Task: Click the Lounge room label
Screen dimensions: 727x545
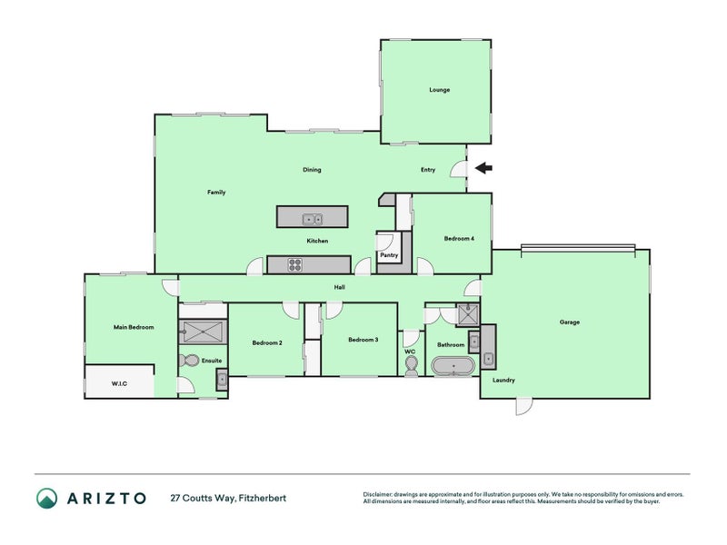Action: click(439, 90)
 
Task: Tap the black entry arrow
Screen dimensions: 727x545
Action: click(483, 168)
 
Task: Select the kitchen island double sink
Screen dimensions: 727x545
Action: click(313, 219)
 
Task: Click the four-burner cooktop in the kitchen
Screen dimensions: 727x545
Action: click(294, 264)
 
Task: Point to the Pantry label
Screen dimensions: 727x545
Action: click(389, 255)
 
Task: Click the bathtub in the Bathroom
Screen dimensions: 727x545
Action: click(453, 366)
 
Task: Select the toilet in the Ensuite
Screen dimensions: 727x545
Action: click(189, 360)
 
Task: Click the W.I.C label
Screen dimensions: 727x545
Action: click(119, 383)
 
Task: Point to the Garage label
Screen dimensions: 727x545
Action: click(570, 322)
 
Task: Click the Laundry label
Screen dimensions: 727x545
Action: click(503, 380)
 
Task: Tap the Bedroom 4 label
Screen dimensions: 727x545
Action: click(459, 239)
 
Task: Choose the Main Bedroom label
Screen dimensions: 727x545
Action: click(134, 327)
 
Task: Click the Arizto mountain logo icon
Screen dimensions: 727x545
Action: click(47, 498)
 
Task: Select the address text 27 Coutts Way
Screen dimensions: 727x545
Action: click(203, 498)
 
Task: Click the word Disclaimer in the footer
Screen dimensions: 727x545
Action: click(378, 494)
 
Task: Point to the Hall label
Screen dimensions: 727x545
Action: click(339, 287)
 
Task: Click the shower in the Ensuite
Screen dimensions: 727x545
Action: click(203, 332)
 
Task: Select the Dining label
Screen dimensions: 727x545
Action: click(312, 170)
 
